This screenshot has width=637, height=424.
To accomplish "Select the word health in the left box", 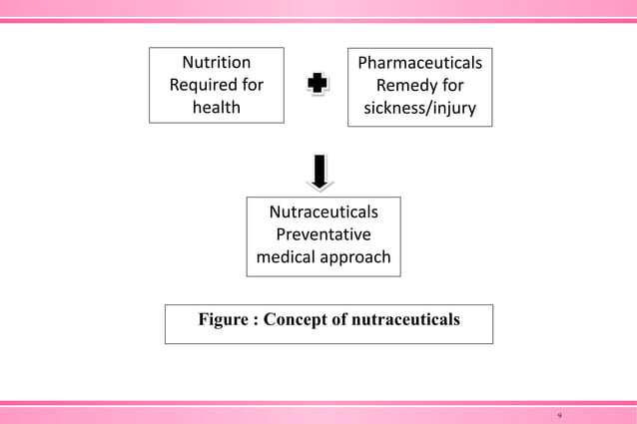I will [x=216, y=107].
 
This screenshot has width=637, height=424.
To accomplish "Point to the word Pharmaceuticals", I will [x=412, y=63].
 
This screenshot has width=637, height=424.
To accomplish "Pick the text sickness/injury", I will [x=412, y=108].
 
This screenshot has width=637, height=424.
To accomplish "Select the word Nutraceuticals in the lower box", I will [x=323, y=212].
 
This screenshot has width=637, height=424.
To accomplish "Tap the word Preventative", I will [x=323, y=234].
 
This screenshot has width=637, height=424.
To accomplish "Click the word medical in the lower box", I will [x=287, y=257].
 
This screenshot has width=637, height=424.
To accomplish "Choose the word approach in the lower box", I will [x=354, y=257].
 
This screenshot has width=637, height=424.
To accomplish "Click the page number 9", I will [x=559, y=413].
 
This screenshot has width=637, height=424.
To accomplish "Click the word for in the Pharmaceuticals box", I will [x=449, y=86].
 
